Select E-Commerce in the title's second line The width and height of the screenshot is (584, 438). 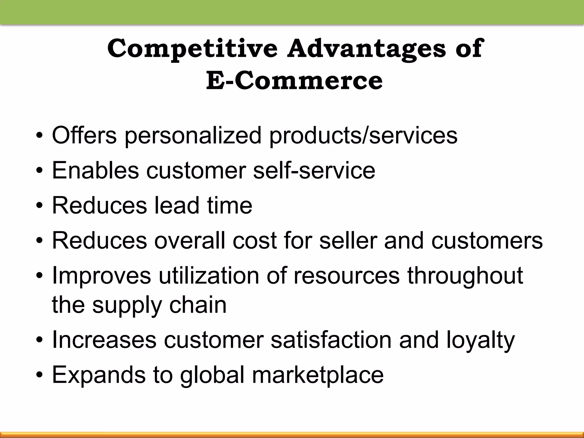(x=294, y=81)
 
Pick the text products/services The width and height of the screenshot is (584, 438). (x=363, y=135)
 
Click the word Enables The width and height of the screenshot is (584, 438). (x=95, y=170)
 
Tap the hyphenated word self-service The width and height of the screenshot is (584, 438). (x=314, y=170)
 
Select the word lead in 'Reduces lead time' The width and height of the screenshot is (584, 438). (x=177, y=205)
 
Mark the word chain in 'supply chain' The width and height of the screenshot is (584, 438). (x=198, y=305)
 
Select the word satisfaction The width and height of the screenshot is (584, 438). (x=331, y=340)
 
